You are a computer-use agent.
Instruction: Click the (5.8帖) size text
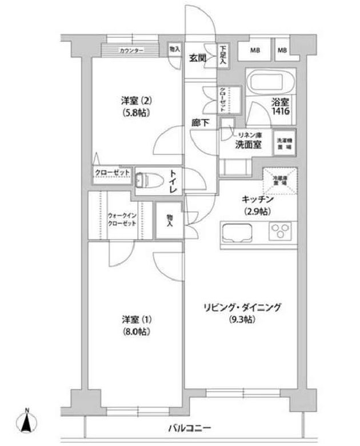[x=135, y=113]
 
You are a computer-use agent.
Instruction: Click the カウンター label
[x=131, y=51]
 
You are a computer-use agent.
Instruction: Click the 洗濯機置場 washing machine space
[x=285, y=144]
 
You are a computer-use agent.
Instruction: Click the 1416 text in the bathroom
[x=281, y=113]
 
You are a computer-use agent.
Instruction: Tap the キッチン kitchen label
[x=259, y=200]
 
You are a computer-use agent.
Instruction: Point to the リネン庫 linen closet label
[x=250, y=133]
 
